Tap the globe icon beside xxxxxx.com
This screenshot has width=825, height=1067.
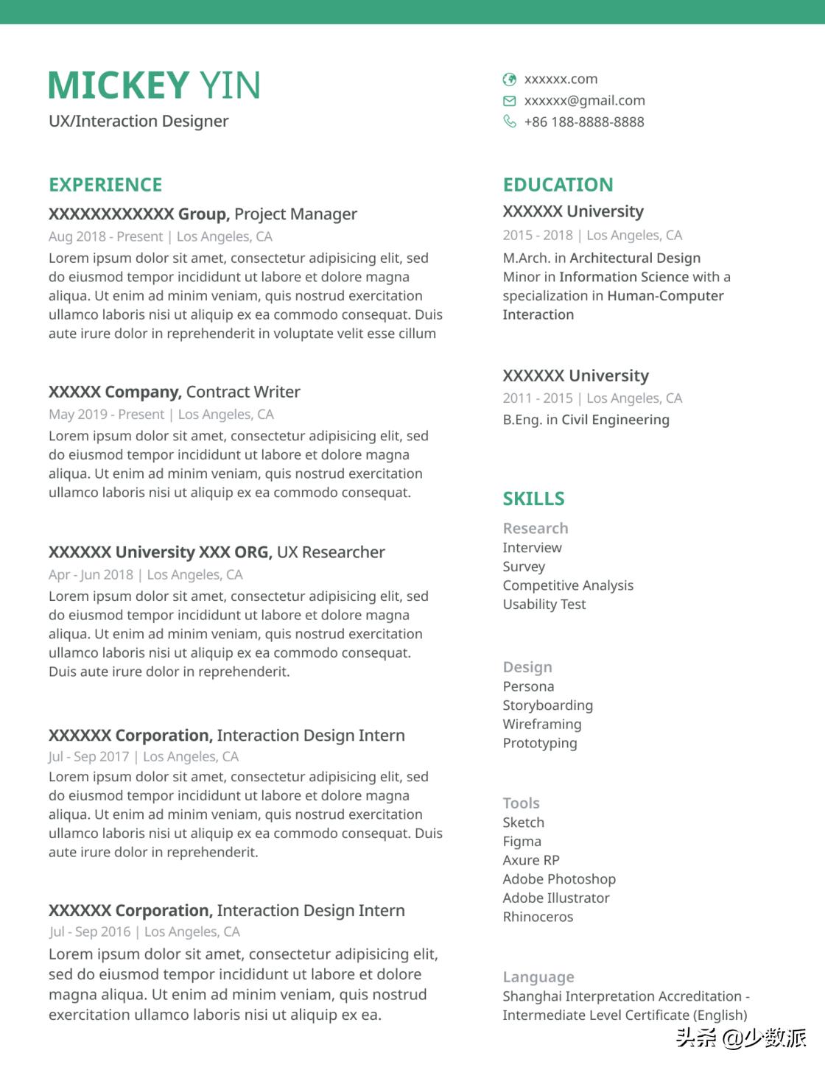509,80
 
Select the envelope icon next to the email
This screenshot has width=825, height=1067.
509,101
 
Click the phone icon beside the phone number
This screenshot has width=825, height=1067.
509,122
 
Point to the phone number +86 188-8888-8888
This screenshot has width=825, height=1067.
584,122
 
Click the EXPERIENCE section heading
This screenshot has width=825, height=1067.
105,185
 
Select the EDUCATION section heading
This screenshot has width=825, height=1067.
558,185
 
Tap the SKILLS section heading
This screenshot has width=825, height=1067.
533,499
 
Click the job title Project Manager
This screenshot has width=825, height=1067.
295,214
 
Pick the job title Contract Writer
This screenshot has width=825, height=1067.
243,392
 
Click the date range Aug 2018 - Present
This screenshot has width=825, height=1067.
105,236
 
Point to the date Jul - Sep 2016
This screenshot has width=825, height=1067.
90,932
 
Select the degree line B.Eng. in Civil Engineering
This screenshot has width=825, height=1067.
586,420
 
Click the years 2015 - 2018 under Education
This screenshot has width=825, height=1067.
538,235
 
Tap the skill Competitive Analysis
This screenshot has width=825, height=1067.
568,585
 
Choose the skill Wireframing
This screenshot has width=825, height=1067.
542,724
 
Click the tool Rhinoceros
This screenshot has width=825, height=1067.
538,917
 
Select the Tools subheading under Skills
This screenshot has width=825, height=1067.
521,803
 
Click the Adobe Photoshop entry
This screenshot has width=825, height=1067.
559,879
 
